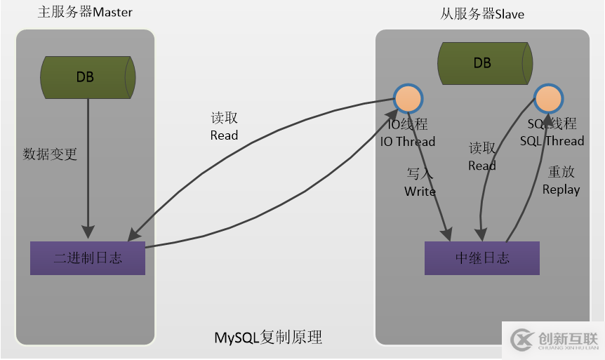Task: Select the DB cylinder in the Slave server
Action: (x=483, y=62)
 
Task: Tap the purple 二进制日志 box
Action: (x=88, y=258)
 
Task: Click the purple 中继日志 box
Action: (x=482, y=258)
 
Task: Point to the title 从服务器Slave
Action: (x=482, y=14)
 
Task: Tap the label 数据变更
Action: (x=50, y=154)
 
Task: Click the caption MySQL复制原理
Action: (x=268, y=338)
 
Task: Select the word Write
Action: (x=420, y=192)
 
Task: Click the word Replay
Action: (x=561, y=189)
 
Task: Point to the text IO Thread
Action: (x=408, y=142)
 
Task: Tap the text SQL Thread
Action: (x=552, y=141)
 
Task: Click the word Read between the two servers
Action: (x=224, y=135)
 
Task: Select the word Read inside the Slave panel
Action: (x=482, y=166)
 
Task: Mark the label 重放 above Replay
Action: (x=561, y=172)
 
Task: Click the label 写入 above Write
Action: (x=420, y=173)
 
